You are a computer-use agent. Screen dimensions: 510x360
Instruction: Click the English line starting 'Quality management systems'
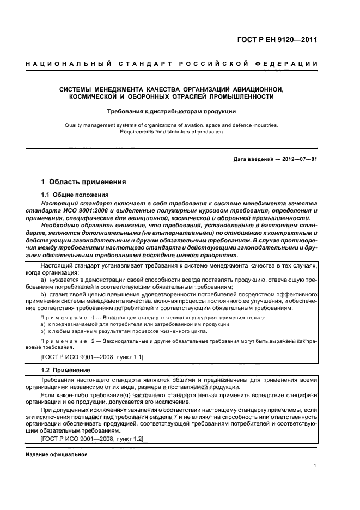point(172,125)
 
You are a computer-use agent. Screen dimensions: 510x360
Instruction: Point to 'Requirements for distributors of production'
point(172,131)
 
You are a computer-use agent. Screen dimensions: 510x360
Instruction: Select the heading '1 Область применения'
point(84,182)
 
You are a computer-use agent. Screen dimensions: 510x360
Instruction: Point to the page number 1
point(315,466)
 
